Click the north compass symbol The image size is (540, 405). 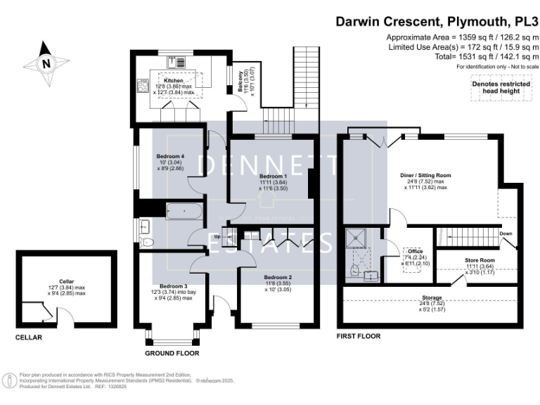(46, 63)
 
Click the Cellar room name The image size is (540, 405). (67, 281)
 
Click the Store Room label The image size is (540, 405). (479, 260)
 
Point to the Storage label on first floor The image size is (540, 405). (432, 298)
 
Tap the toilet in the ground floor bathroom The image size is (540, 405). (147, 243)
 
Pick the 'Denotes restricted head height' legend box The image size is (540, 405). (500, 88)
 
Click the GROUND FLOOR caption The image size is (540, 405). (172, 352)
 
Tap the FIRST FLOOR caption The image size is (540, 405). (359, 336)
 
